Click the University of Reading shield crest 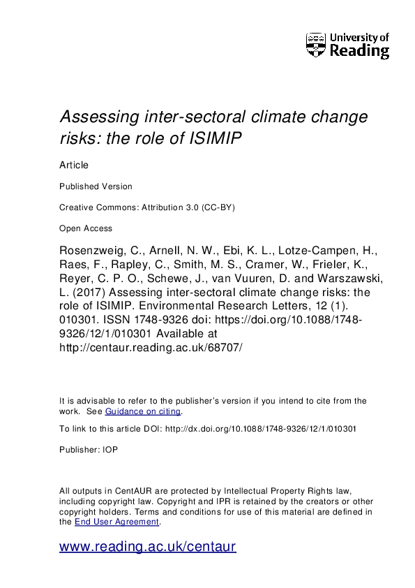click(315, 45)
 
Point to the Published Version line click(96, 186)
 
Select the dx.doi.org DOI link click(259, 429)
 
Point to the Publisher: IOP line click(89, 450)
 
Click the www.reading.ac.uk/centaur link click(148, 547)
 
